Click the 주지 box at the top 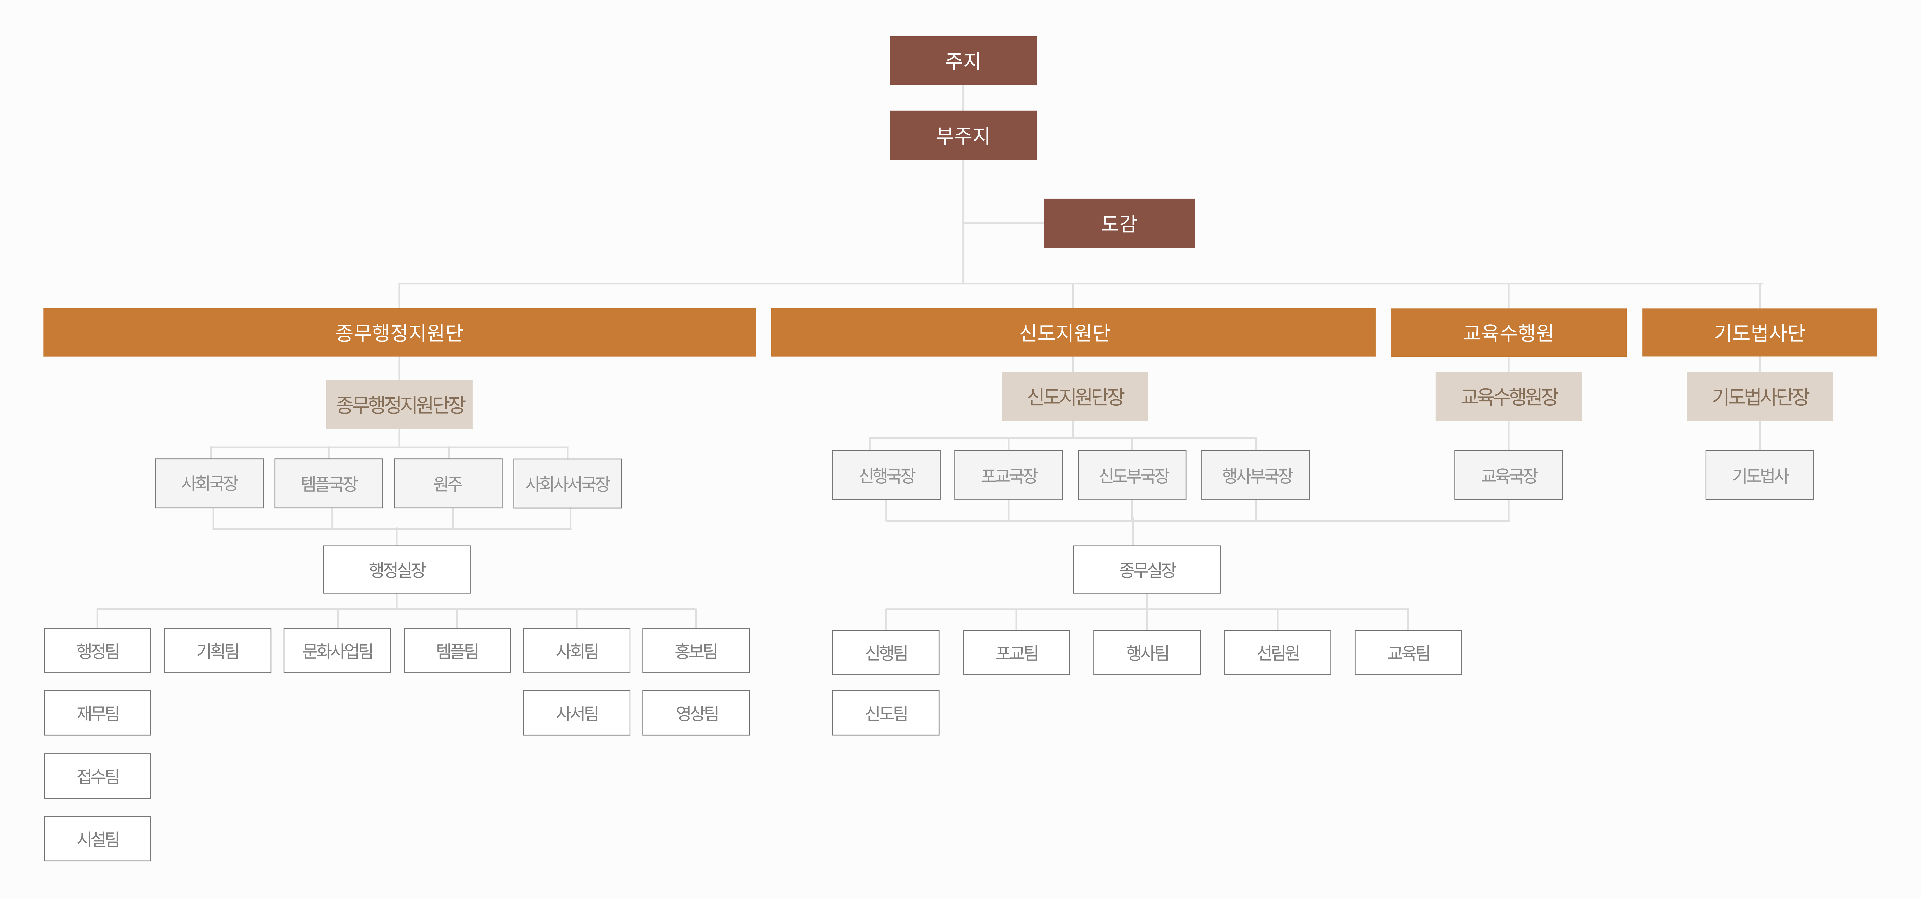[x=963, y=60]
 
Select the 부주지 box [x=963, y=135]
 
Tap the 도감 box [x=1119, y=223]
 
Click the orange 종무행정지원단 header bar [x=399, y=332]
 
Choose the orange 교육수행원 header [x=1508, y=332]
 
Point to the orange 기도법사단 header [x=1759, y=332]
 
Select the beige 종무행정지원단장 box [x=399, y=404]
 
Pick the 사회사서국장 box [x=567, y=483]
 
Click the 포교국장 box [x=1008, y=475]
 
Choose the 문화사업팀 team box [x=337, y=650]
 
